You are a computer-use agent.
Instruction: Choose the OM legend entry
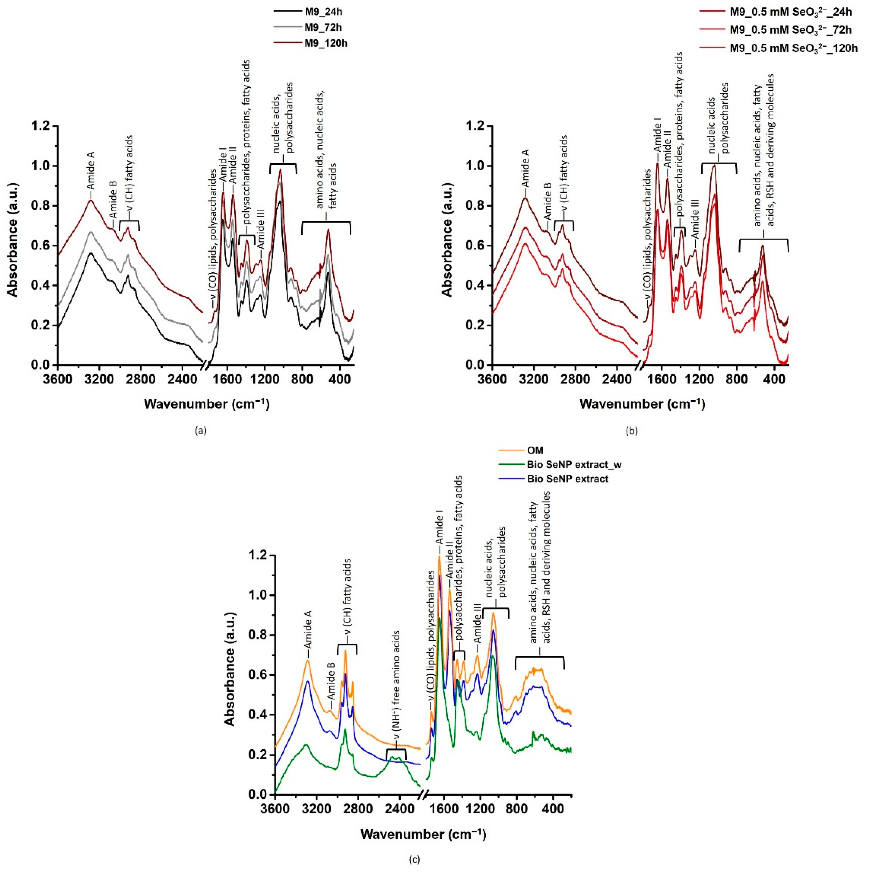click(x=535, y=450)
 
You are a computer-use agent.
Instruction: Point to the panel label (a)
click(x=200, y=431)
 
